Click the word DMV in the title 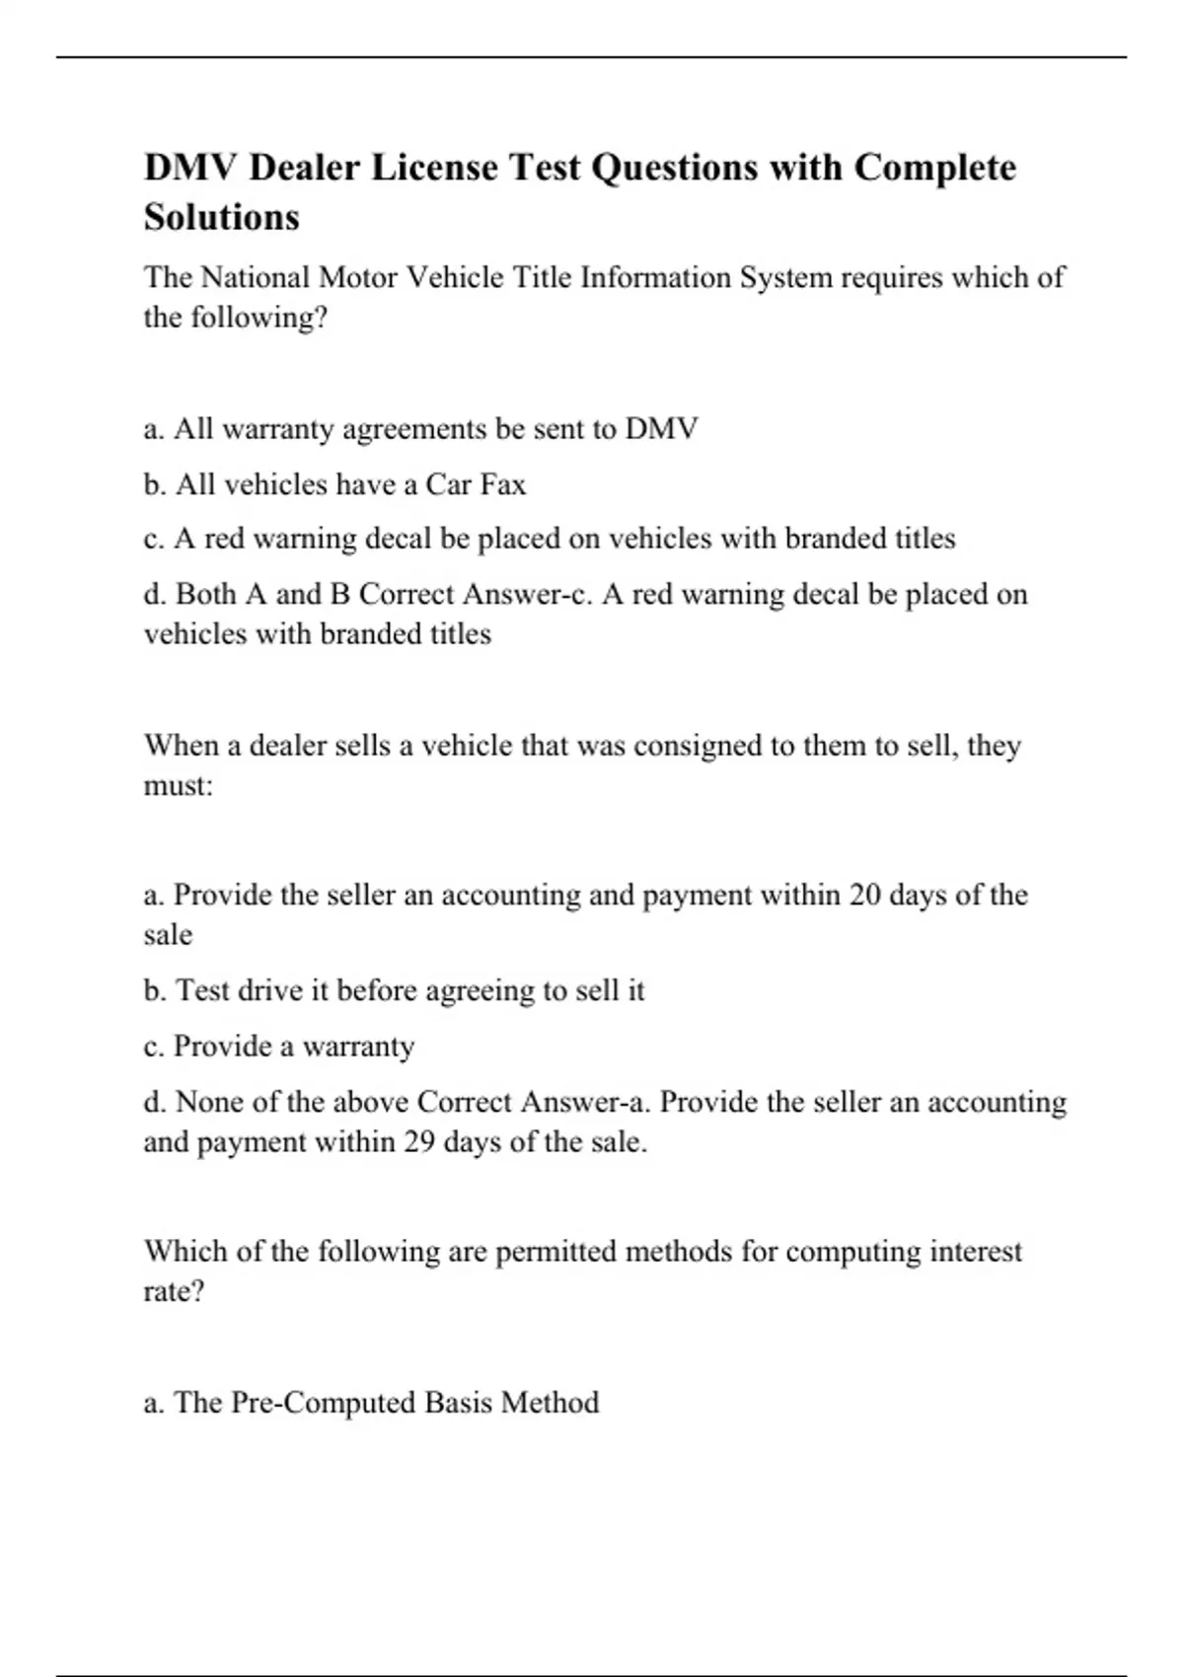pyautogui.click(x=190, y=168)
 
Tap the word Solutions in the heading pyautogui.click(x=221, y=217)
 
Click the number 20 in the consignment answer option pyautogui.click(x=864, y=895)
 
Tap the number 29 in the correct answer pyautogui.click(x=418, y=1142)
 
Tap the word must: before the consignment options pyautogui.click(x=179, y=786)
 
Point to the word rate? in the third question pyautogui.click(x=174, y=1291)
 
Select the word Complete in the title pyautogui.click(x=934, y=168)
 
